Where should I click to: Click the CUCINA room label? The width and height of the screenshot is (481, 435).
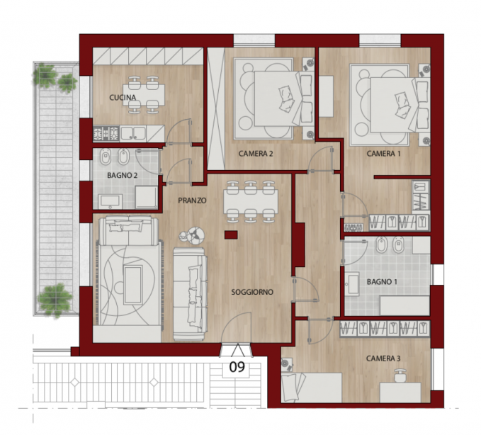click(x=123, y=98)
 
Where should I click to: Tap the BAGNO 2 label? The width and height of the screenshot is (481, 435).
click(x=122, y=176)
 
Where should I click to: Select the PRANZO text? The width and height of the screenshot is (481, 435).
click(x=192, y=200)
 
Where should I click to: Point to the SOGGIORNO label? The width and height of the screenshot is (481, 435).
click(x=252, y=292)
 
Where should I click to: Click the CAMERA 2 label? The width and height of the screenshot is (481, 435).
click(x=256, y=154)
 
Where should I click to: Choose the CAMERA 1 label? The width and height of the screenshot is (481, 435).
click(x=383, y=154)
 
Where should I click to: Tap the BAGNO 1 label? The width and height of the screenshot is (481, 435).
click(x=382, y=281)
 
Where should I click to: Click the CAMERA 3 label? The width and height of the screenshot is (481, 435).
click(x=383, y=358)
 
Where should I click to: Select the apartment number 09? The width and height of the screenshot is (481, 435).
click(x=237, y=366)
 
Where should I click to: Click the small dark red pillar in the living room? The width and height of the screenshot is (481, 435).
click(x=231, y=235)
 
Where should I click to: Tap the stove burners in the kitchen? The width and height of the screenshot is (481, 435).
click(x=106, y=134)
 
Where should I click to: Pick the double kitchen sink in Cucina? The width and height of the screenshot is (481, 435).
click(x=133, y=133)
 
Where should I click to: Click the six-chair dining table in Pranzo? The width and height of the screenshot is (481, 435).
click(x=251, y=201)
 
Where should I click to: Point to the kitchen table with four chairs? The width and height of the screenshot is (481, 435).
click(x=144, y=96)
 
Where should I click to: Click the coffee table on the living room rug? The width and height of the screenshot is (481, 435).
click(x=133, y=285)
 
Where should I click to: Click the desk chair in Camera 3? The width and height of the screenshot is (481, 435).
click(x=400, y=375)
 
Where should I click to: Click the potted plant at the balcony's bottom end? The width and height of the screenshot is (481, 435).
click(x=55, y=300)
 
